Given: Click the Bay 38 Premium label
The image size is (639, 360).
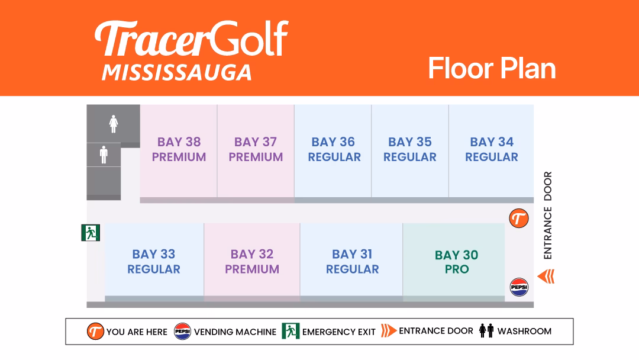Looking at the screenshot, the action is [179, 149].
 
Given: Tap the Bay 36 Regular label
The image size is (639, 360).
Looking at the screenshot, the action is [334, 149].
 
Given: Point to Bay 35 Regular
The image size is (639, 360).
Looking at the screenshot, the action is [410, 149].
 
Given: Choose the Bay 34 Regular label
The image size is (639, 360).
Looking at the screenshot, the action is [492, 149].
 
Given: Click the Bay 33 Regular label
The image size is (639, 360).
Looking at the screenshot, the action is [154, 261].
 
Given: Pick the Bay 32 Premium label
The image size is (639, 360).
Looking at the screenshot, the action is [252, 261].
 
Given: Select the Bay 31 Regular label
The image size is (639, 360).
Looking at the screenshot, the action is [352, 261].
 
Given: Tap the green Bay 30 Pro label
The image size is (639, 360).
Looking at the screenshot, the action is [456, 262].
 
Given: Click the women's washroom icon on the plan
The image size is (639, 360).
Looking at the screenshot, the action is [114, 124].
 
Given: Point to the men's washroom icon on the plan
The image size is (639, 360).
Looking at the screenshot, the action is [104, 155].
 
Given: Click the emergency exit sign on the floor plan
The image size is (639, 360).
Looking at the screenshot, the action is [91, 233].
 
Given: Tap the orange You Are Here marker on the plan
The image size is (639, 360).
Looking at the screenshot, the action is [519, 218].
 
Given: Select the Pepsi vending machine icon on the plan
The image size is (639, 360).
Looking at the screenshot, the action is [519, 287].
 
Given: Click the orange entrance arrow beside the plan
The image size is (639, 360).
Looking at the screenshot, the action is [546, 277].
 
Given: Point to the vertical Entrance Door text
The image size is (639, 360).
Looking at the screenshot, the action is [548, 216].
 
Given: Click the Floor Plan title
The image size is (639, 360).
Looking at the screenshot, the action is [492, 68].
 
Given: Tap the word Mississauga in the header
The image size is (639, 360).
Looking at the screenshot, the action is [177, 73].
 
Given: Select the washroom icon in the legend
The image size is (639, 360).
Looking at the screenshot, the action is [486, 330].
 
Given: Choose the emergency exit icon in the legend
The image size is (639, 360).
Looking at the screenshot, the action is [291, 331].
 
